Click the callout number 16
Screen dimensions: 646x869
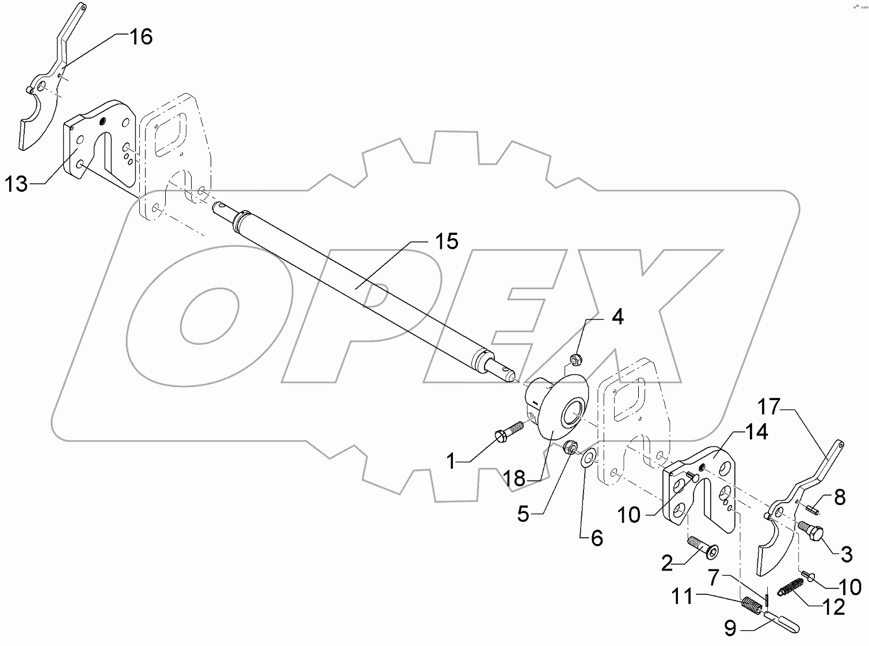pyautogui.click(x=140, y=37)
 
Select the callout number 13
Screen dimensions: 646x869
pyautogui.click(x=17, y=185)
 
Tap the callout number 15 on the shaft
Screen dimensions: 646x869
pyautogui.click(x=446, y=241)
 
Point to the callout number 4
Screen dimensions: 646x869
pyautogui.click(x=617, y=317)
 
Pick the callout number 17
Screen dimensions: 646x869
pyautogui.click(x=768, y=407)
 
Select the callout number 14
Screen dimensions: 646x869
pyautogui.click(x=757, y=432)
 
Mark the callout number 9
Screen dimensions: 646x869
pyautogui.click(x=730, y=629)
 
